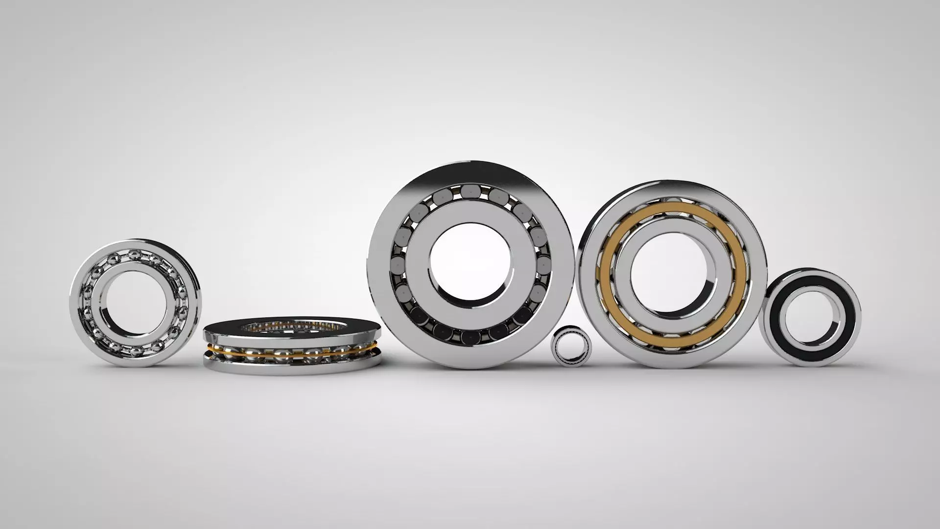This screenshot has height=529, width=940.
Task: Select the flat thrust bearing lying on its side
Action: pos(292,346)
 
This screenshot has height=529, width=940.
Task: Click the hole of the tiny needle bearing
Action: pos(571,347)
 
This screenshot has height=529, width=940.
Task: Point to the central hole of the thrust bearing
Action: pos(292,325)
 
